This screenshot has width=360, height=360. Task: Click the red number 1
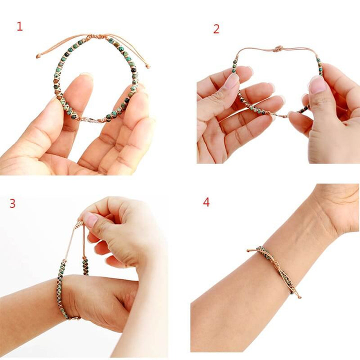coord(19,26)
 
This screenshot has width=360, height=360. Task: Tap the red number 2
coord(216,29)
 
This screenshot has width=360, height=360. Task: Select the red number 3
coord(12,203)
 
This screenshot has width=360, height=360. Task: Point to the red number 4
coord(206,202)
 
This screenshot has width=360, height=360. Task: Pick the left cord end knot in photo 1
coord(38,56)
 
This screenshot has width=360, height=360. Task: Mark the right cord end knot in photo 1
coord(147,66)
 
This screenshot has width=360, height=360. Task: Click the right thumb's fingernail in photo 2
coord(317,84)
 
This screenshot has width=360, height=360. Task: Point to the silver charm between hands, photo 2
coord(280,116)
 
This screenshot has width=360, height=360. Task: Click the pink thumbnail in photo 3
coord(90,218)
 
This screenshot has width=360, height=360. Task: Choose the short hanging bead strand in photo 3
coord(85,264)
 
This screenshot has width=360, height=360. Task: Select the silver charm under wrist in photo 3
coord(73,317)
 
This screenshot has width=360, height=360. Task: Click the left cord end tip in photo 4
coord(248,250)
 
